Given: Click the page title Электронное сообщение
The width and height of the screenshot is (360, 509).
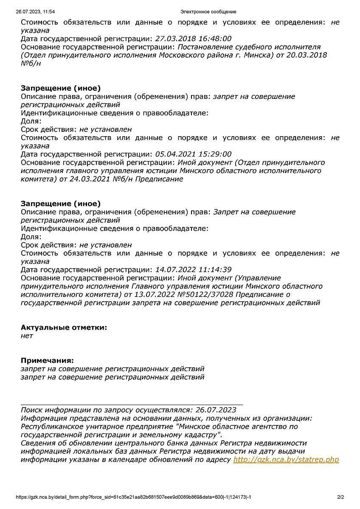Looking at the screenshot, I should click(208, 12).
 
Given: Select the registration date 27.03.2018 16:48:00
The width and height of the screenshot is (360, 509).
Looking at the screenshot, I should click(193, 39).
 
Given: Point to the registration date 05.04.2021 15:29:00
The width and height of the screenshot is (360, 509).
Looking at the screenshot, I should click(193, 154).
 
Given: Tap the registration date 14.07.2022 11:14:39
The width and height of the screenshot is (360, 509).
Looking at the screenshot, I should click(193, 270).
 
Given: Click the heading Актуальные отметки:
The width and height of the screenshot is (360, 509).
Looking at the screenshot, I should click(64, 327).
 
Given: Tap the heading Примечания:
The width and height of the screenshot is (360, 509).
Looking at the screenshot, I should click(47, 361).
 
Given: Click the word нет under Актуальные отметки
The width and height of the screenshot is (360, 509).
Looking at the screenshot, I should click(27, 336).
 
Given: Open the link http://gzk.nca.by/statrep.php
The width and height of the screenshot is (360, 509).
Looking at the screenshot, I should click(286, 459).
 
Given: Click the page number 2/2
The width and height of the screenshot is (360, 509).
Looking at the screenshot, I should click(340, 497).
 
